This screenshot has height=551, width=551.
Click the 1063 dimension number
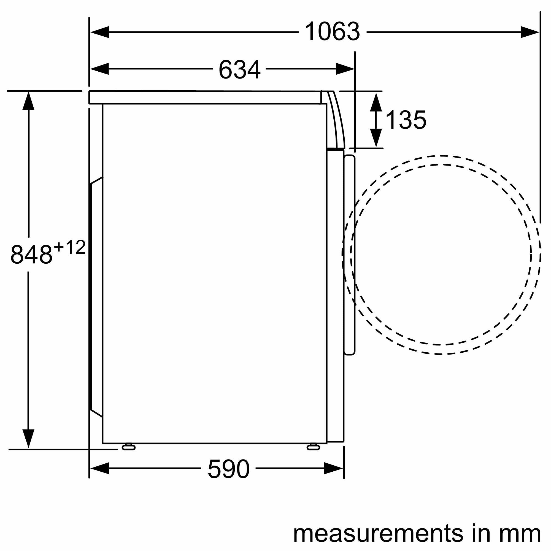pyautogui.click(x=332, y=32)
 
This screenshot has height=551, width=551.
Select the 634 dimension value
pyautogui.click(x=239, y=69)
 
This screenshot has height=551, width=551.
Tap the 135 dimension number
pyautogui.click(x=405, y=120)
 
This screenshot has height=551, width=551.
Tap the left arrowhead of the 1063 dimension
pyautogui.click(x=100, y=32)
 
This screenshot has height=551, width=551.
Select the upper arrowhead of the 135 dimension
pyautogui.click(x=376, y=103)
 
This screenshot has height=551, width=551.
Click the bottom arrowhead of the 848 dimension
pyautogui.click(x=28, y=438)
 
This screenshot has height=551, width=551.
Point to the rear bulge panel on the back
pyautogui.click(x=96, y=297)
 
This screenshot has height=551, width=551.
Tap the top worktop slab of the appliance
pyautogui.click(x=205, y=98)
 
